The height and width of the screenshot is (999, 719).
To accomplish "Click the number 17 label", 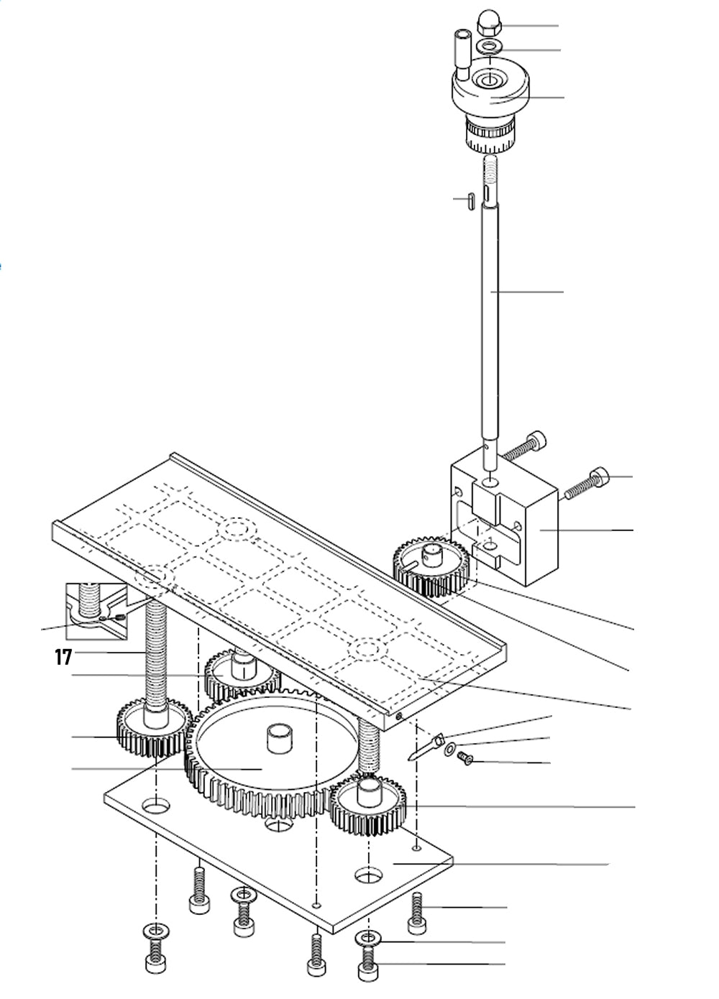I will tap(63, 656).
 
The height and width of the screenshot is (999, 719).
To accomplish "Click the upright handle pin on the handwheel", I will tap(461, 55).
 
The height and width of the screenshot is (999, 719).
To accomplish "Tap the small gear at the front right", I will tap(368, 805).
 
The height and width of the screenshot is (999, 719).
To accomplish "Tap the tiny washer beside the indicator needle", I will tap(449, 751).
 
